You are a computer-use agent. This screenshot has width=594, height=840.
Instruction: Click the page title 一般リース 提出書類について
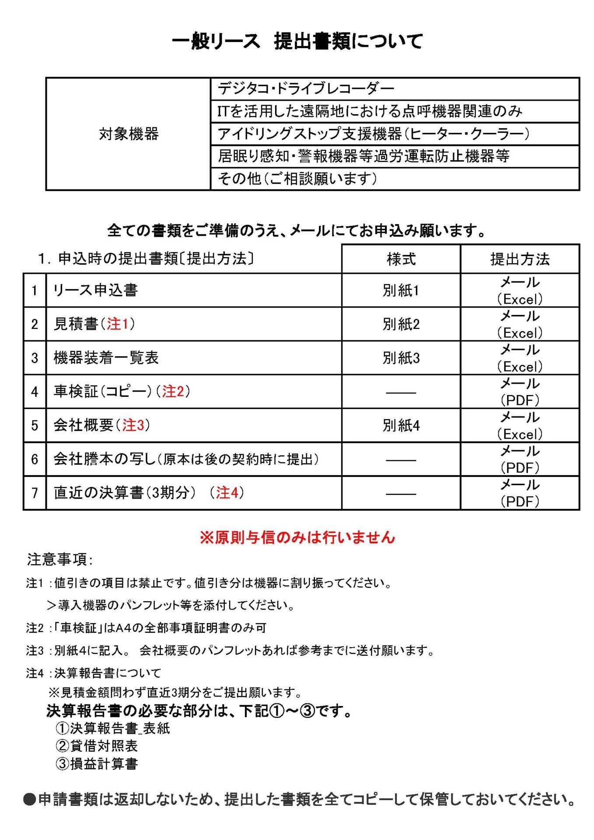click(x=297, y=42)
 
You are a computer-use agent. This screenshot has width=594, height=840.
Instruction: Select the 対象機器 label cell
click(x=128, y=134)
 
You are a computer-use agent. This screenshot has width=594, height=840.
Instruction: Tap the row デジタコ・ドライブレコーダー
click(x=306, y=89)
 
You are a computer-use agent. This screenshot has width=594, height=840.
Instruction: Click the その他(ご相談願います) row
click(x=297, y=178)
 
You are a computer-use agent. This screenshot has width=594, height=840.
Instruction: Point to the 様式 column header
click(x=401, y=259)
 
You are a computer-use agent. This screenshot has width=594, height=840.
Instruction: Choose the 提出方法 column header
click(x=520, y=259)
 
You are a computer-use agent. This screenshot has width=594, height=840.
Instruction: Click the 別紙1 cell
click(x=401, y=290)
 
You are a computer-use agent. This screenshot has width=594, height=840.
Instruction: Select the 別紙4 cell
click(x=401, y=425)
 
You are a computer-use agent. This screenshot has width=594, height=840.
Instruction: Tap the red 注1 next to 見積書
click(x=118, y=324)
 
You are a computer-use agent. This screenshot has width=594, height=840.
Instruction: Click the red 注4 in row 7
click(x=227, y=493)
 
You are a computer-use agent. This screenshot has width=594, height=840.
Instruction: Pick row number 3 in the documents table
click(x=35, y=358)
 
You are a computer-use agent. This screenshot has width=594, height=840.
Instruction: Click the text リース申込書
click(x=95, y=290)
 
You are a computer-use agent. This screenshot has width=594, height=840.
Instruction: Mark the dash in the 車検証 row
click(x=401, y=392)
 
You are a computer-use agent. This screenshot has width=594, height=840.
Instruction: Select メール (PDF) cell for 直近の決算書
click(x=520, y=493)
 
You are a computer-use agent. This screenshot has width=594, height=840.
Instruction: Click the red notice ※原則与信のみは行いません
click(x=297, y=537)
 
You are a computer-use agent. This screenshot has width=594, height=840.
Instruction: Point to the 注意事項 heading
click(x=59, y=560)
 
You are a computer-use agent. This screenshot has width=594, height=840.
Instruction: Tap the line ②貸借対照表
click(x=97, y=746)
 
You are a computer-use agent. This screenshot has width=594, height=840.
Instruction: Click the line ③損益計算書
click(x=97, y=764)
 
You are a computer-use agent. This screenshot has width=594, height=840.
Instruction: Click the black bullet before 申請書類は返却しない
click(x=29, y=800)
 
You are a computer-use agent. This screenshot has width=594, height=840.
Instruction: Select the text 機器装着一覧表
click(x=106, y=358)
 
